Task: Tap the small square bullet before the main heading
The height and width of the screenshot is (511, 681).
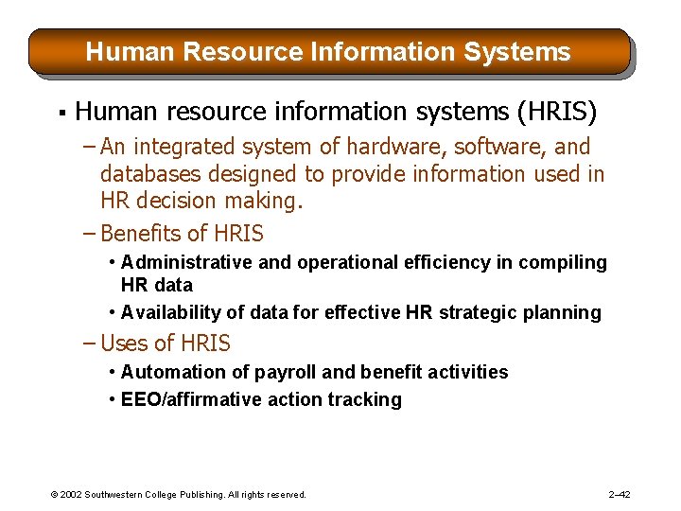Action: [x=61, y=115]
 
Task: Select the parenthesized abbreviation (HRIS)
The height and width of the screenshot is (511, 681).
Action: [x=557, y=113]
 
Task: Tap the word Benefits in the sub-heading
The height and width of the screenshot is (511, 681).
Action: [x=142, y=233]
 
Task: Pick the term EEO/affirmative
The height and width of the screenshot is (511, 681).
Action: [x=189, y=399]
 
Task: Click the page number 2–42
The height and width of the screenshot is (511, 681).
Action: [x=620, y=494]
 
